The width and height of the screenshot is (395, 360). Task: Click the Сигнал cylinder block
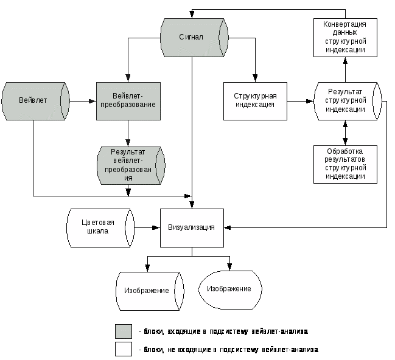[194, 37]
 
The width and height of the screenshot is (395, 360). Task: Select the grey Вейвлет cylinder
[33, 101]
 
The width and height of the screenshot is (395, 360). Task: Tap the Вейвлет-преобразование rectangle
[128, 101]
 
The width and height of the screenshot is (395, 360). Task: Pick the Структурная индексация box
[256, 101]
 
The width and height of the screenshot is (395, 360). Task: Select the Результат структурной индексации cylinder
[346, 101]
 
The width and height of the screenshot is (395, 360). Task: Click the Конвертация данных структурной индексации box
[345, 37]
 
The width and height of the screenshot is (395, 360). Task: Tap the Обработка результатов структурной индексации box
[345, 164]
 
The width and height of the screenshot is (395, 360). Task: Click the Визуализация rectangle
[192, 228]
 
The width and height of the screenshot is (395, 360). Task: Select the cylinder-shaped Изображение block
[149, 291]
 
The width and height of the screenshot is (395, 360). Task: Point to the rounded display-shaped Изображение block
[230, 288]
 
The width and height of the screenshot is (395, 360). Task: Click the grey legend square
[124, 331]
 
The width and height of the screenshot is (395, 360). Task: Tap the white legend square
[124, 349]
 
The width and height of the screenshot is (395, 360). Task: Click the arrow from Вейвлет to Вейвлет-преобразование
[82, 101]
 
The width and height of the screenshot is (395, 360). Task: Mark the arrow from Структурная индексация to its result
[301, 101]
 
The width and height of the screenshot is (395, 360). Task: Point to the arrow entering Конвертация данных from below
[345, 69]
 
